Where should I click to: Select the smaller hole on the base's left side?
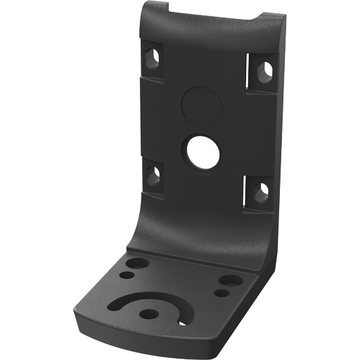131,275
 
